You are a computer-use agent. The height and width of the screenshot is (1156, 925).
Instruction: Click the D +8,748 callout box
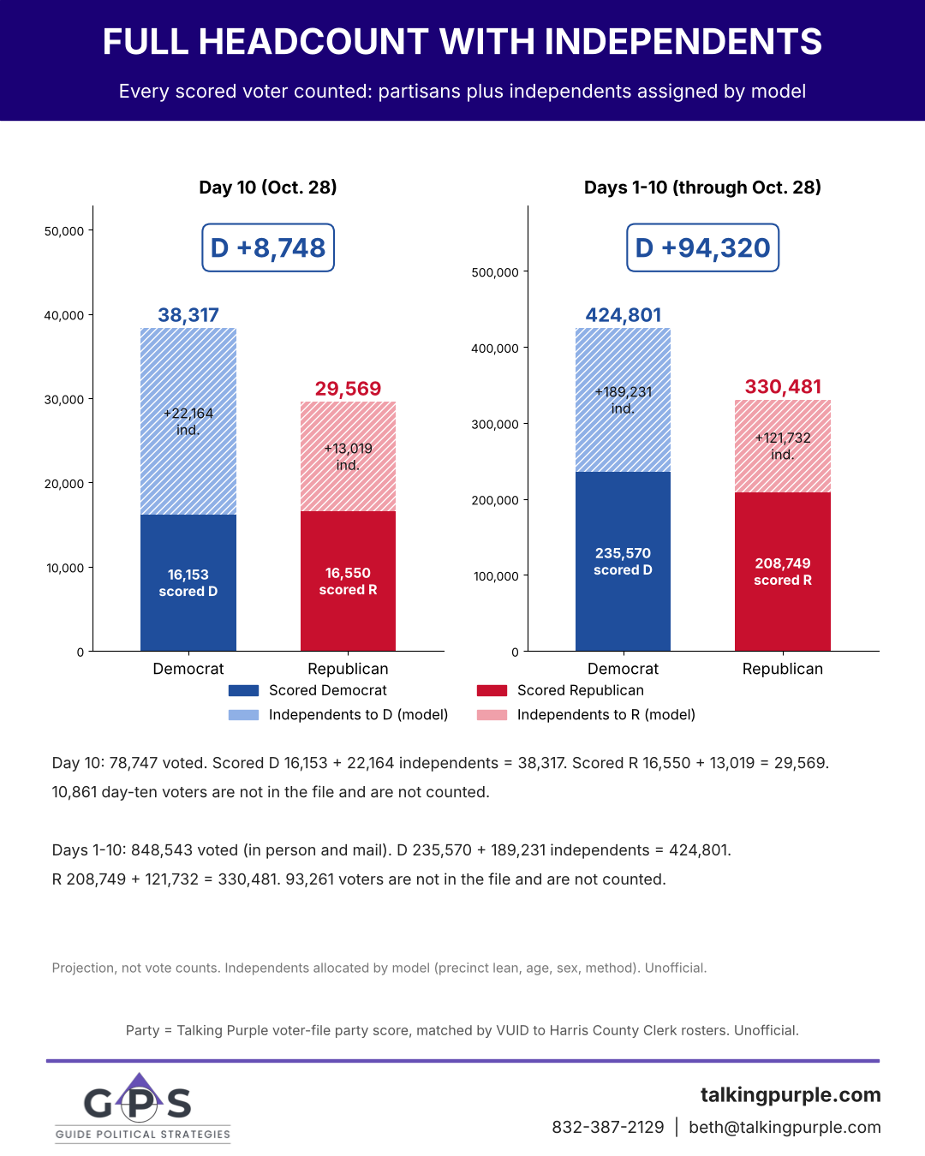tap(268, 247)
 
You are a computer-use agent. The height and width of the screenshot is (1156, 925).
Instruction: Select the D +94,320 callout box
tap(702, 247)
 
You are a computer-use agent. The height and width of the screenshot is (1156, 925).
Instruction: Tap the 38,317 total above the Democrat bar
tap(188, 315)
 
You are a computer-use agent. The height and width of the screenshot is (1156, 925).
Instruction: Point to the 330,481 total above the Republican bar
tap(783, 387)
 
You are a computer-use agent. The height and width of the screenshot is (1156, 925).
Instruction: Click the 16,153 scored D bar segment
tap(188, 583)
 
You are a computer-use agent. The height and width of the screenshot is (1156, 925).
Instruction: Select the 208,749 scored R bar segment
tap(783, 571)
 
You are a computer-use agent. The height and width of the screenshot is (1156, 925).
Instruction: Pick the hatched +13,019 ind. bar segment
tap(348, 456)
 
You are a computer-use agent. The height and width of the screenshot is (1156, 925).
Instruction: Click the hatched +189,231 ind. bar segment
tap(623, 400)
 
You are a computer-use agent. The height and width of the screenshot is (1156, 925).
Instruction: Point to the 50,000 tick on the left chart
tap(64, 231)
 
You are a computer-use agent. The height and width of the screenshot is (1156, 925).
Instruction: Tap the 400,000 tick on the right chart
tap(495, 349)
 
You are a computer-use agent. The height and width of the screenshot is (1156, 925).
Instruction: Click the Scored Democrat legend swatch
tap(243, 690)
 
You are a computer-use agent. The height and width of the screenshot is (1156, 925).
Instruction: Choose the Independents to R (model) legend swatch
tap(492, 715)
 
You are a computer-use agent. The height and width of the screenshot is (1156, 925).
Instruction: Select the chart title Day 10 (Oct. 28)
tap(268, 188)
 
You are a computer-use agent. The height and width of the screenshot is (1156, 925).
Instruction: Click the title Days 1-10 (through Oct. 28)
tap(702, 188)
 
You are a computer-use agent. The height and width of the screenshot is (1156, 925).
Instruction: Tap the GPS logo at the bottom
tap(142, 1108)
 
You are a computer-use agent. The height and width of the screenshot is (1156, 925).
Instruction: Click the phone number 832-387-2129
tap(608, 1127)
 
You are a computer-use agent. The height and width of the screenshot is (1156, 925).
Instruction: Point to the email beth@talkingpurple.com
tap(785, 1127)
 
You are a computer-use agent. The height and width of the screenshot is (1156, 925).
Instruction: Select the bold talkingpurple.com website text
tap(791, 1094)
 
